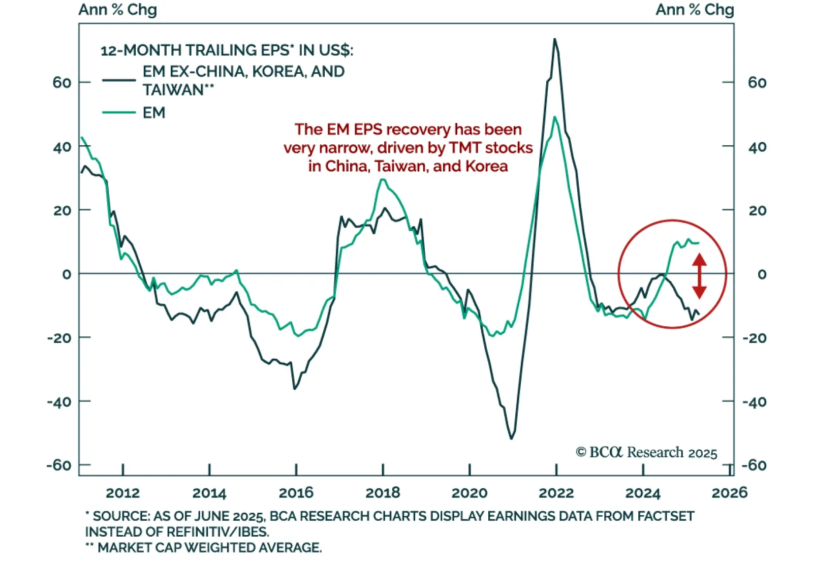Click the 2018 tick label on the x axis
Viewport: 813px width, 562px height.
click(x=383, y=492)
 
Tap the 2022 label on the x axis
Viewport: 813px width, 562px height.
click(x=556, y=492)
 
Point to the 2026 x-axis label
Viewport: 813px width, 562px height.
click(x=729, y=492)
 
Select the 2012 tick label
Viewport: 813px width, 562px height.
click(x=122, y=492)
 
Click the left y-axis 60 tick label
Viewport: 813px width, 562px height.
click(x=62, y=82)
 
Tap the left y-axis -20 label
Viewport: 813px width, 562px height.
click(x=59, y=338)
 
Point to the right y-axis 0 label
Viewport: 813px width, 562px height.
click(x=762, y=274)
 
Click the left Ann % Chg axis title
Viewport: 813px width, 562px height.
click(x=117, y=10)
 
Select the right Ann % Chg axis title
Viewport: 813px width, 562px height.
click(x=694, y=10)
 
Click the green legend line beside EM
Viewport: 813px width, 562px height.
click(x=119, y=112)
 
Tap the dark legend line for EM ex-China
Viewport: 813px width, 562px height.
click(x=119, y=80)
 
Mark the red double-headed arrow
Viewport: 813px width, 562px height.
click(x=699, y=276)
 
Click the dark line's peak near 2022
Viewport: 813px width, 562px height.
click(x=554, y=39)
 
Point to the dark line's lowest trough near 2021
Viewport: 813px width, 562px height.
click(x=511, y=438)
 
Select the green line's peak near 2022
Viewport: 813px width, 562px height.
click(x=554, y=117)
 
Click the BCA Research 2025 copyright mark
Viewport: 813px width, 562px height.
click(x=646, y=452)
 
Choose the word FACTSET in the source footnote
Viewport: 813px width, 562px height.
click(x=666, y=516)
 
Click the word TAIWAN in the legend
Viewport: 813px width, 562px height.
click(x=173, y=90)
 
